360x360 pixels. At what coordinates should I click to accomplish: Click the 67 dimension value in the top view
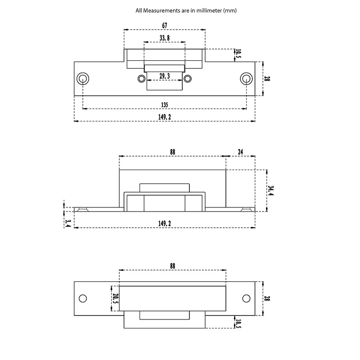pyautogui.click(x=164, y=25)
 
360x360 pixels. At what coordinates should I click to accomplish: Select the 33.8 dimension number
pyautogui.click(x=164, y=38)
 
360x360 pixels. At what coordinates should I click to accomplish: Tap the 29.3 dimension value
pyautogui.click(x=164, y=76)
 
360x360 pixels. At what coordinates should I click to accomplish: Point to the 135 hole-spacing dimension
pyautogui.click(x=164, y=105)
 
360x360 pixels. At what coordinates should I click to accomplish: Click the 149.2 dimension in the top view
pyautogui.click(x=164, y=117)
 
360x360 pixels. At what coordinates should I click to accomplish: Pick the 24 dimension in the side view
pyautogui.click(x=240, y=152)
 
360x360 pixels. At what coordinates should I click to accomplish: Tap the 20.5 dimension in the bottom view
pyautogui.click(x=115, y=299)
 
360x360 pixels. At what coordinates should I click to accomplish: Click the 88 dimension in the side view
pyautogui.click(x=172, y=152)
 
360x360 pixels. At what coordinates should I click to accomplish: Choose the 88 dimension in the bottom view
pyautogui.click(x=172, y=266)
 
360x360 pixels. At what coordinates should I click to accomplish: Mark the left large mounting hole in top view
pyautogui.click(x=83, y=78)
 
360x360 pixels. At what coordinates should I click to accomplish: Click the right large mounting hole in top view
pyautogui.click(x=246, y=78)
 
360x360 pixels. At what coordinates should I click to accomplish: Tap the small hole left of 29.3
pyautogui.click(x=141, y=79)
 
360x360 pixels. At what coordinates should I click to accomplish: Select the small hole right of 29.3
pyautogui.click(x=188, y=79)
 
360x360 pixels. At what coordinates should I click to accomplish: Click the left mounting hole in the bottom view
pyautogui.click(x=83, y=299)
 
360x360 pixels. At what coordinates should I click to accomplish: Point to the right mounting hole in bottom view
pyautogui.click(x=246, y=299)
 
